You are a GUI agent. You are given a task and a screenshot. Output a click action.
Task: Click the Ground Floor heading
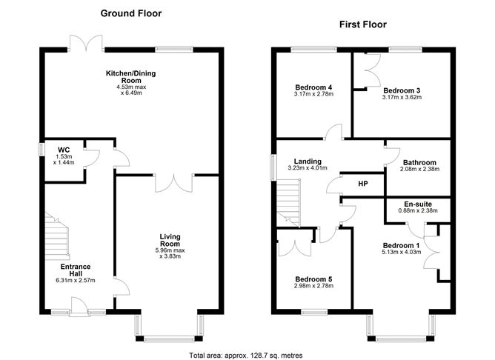pos(130,13)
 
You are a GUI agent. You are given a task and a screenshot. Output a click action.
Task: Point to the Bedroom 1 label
pos(401,246)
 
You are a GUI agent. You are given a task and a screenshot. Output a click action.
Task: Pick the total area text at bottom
pos(245,355)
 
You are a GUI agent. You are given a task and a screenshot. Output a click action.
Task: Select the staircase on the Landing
pos(286,204)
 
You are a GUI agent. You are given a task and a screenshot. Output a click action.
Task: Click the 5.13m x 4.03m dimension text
pos(401,253)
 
